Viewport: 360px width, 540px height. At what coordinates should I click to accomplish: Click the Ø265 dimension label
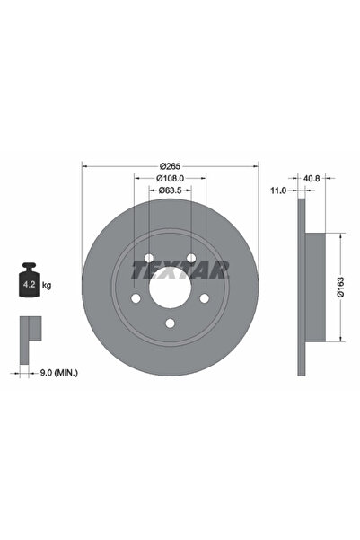point(170,165)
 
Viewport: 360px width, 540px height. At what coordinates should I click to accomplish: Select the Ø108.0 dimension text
point(170,178)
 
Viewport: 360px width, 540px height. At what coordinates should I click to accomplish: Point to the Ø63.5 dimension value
point(171,190)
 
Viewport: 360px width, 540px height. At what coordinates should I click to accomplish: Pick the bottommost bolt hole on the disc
point(170,324)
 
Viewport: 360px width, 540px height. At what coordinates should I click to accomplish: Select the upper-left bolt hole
point(148,257)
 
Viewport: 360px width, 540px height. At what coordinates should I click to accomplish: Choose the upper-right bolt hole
point(191,257)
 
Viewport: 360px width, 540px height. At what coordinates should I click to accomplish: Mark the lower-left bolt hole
point(136,298)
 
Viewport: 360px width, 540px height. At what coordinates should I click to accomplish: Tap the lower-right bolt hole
point(205,298)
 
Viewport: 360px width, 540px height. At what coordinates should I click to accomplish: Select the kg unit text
point(47,285)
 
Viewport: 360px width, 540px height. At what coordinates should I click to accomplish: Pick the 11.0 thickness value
point(278,190)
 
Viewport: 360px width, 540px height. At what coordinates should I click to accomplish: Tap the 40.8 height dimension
point(310,178)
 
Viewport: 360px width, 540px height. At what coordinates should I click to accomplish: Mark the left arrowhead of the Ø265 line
point(84,165)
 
